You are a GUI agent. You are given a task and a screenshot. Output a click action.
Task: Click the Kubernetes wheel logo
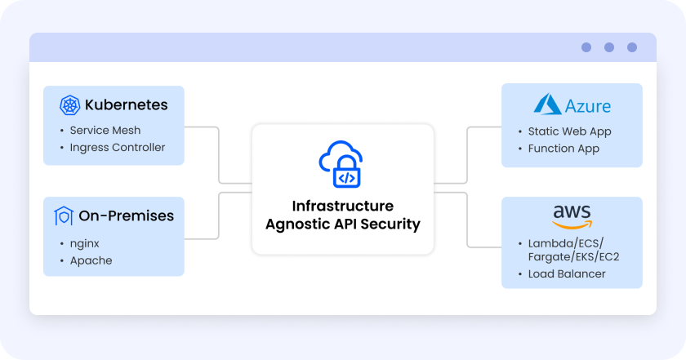click(69, 105)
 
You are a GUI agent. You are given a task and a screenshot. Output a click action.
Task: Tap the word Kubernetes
click(126, 104)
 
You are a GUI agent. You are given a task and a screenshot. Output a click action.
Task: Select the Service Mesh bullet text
click(105, 130)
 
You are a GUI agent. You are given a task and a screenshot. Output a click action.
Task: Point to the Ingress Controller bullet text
click(118, 148)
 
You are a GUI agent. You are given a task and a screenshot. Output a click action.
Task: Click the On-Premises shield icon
click(64, 216)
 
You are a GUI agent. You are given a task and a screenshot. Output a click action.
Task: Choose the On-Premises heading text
click(126, 216)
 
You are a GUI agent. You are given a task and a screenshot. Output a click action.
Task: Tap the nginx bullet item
click(85, 243)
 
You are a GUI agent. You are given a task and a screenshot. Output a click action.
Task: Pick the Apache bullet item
click(91, 260)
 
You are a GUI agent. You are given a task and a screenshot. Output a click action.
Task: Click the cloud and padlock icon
click(343, 163)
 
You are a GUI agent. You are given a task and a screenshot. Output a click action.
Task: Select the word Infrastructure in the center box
click(343, 207)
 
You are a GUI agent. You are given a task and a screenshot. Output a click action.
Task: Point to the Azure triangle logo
click(547, 104)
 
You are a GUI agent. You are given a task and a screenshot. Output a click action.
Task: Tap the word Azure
click(588, 106)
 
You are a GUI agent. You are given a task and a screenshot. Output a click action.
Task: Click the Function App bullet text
click(564, 149)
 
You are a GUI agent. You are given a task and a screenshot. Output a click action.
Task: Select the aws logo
click(572, 216)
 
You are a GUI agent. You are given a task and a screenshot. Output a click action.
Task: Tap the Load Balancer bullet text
click(568, 273)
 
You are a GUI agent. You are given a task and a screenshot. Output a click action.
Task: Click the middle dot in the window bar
click(609, 47)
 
